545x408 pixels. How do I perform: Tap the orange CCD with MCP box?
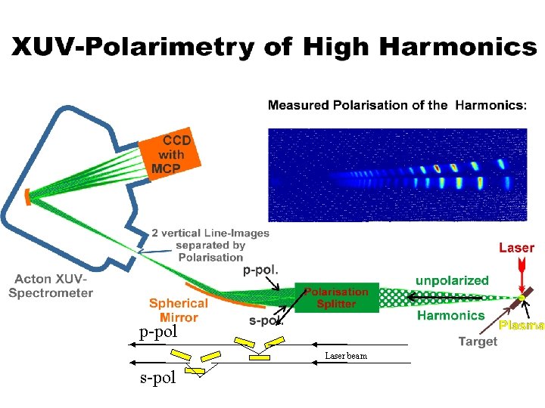pos(171,156)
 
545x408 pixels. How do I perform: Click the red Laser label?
pos(516,248)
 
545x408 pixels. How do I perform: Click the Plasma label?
pos(522,326)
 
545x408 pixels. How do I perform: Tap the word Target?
pos(477,342)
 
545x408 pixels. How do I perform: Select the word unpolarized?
pos(452,280)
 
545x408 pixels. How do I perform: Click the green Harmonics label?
pos(450,315)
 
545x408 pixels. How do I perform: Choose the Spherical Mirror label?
pos(179,311)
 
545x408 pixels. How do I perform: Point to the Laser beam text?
pos(346,355)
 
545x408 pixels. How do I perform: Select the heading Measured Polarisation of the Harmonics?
pos(397,105)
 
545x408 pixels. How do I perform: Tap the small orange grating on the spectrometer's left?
pos(28,197)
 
